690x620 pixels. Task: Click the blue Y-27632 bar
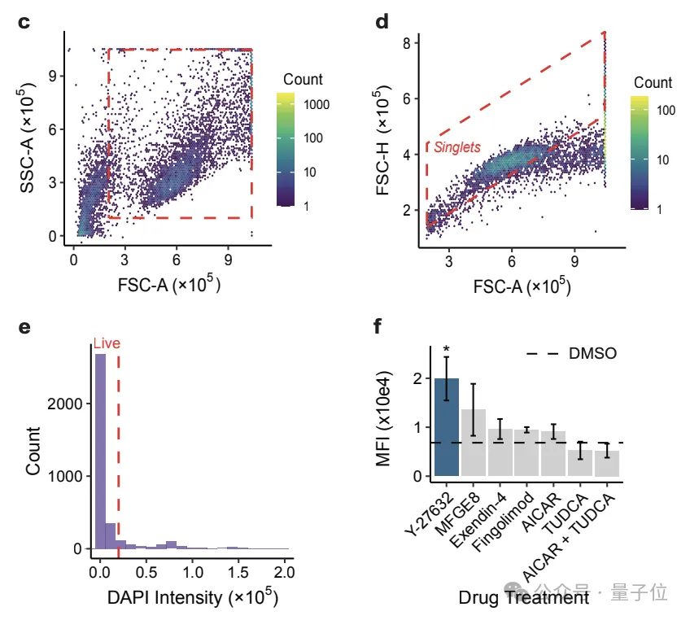click(x=447, y=427)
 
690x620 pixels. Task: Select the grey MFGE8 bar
click(x=473, y=443)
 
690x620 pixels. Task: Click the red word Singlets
click(x=456, y=147)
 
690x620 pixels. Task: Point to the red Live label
click(x=107, y=343)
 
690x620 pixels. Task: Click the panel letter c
click(x=24, y=23)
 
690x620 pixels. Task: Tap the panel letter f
click(x=376, y=328)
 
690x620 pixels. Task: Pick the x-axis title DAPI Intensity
click(x=192, y=597)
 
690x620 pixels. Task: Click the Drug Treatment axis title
click(x=523, y=598)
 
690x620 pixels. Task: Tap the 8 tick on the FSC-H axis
click(x=413, y=41)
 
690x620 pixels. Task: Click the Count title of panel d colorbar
click(x=653, y=82)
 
